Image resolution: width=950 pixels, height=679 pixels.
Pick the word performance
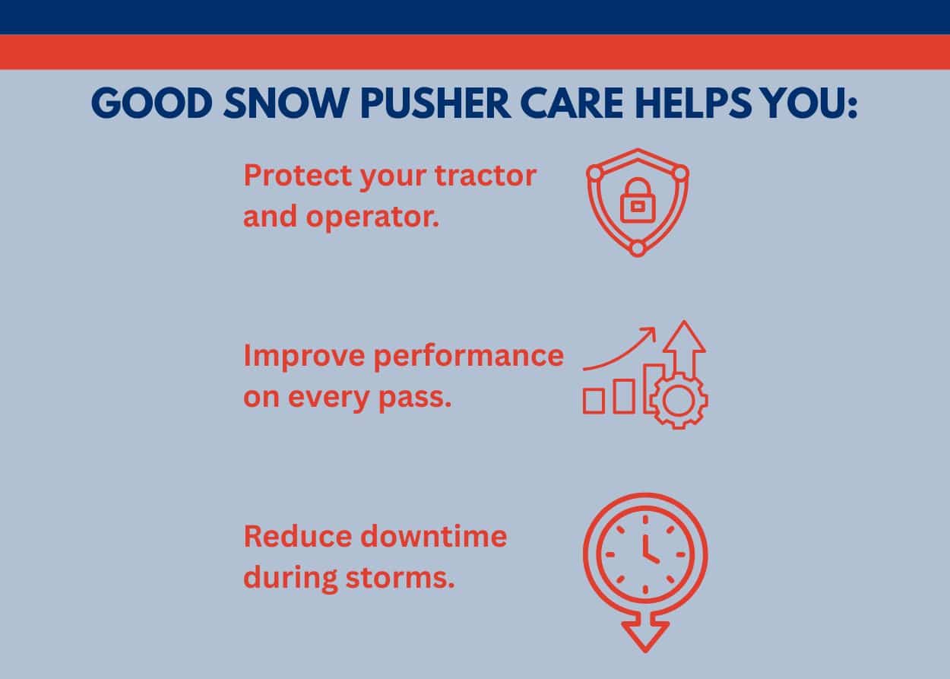tap(468, 357)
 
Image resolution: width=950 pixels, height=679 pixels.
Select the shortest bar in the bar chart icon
tap(594, 401)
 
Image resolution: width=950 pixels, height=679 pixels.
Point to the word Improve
tap(303, 355)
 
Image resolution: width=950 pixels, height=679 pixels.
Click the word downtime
tap(433, 536)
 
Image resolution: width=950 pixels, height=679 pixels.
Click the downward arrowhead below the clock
tap(645, 633)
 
